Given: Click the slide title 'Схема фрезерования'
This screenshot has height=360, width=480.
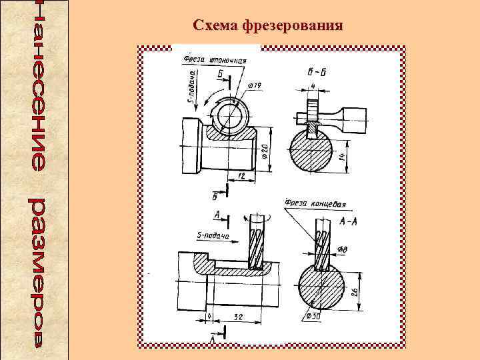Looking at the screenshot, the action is tap(268, 26).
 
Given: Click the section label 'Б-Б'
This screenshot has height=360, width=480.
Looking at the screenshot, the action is tap(312, 72).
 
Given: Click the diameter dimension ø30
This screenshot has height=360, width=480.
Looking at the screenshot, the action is tap(311, 315).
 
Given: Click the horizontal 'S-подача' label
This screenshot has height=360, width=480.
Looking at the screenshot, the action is tap(213, 235).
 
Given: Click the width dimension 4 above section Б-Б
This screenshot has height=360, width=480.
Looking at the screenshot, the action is tap(312, 87).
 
